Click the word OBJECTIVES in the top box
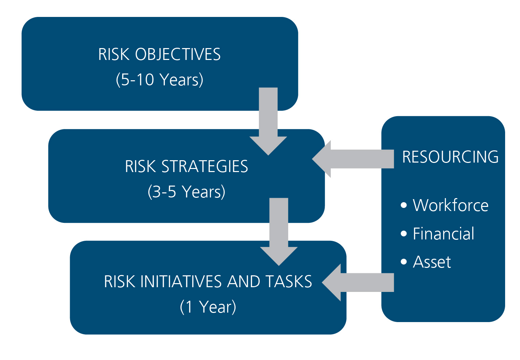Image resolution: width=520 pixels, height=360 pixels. point(178,54)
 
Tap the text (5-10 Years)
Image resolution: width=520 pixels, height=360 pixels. point(159,80)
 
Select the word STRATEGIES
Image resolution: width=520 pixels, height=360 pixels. point(205,166)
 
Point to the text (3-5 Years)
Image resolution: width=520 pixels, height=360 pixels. point(187,192)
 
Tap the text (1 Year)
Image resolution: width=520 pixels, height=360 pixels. point(208,307)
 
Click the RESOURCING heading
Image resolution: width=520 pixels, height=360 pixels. point(450,157)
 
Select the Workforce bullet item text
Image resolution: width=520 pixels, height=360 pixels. point(451,205)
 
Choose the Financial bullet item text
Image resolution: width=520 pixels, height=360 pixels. point(443,233)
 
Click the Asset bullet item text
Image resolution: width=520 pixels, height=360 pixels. point(432,262)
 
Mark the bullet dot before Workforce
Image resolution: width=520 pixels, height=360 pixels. point(404,205)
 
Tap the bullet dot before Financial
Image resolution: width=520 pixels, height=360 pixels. point(404,233)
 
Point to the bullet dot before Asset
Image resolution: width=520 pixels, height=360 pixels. point(404,262)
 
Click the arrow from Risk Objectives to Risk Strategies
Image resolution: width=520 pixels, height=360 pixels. point(268,121)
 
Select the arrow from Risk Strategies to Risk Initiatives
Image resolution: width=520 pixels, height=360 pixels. point(279,232)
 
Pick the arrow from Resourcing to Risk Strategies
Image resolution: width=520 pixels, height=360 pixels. point(353,159)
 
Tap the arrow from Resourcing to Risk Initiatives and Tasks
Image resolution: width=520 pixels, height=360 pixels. point(358,282)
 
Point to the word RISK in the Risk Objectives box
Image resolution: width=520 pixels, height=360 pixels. point(114,54)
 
